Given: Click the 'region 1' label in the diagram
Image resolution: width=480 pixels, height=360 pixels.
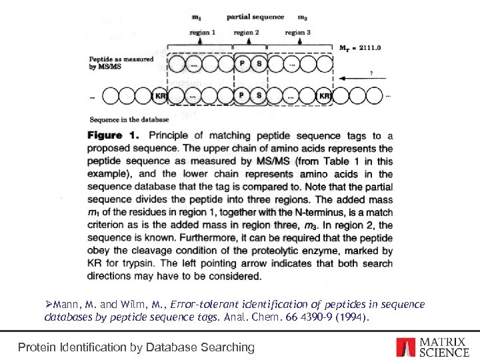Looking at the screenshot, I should [202, 32].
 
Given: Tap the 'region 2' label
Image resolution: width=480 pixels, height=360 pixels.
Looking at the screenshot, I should [246, 32].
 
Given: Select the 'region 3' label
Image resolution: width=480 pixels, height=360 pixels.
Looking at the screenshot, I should [297, 32].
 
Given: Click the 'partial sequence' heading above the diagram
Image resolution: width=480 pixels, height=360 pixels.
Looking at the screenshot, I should [255, 17].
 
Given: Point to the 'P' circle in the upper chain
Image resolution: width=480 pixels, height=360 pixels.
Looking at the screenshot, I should [243, 64].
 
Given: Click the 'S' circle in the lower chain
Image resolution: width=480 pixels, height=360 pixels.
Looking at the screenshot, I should [259, 96].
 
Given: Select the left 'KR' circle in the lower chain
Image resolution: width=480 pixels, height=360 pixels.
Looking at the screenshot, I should [161, 96].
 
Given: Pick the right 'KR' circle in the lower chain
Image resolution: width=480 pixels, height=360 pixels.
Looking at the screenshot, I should [325, 96].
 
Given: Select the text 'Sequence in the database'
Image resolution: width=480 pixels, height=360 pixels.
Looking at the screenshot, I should [123, 120].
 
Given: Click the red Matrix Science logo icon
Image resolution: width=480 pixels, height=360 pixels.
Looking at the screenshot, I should [405, 347].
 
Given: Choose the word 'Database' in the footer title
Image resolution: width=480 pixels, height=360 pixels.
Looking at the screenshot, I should [184, 347].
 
